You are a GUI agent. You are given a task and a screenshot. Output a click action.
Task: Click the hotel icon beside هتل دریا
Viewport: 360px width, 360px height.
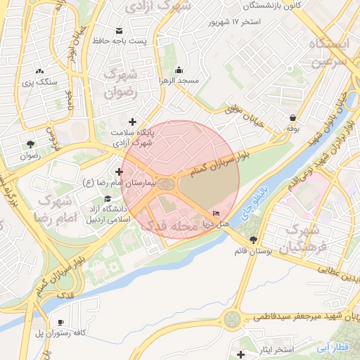click(x=216, y=214)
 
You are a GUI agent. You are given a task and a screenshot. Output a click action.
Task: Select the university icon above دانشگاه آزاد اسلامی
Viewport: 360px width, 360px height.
click(x=107, y=198)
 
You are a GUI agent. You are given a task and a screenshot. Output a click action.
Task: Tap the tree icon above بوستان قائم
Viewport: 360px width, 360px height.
click(x=253, y=240)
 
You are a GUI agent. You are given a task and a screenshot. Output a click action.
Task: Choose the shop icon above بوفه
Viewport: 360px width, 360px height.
click(x=292, y=117)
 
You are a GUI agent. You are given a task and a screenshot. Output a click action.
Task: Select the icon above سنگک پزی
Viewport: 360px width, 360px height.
click(x=39, y=71)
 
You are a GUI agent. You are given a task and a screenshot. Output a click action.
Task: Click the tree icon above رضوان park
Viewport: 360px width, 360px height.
click(x=30, y=144)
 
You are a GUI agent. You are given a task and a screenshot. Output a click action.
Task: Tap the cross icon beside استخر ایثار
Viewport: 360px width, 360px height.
click(x=242, y=354)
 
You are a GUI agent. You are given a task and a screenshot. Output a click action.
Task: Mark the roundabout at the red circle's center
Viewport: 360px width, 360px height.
click(x=167, y=184)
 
